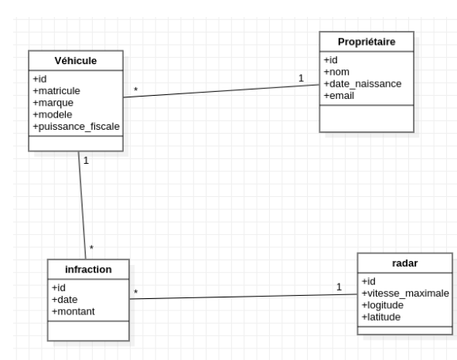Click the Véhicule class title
coord(75,61)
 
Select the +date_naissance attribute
coord(363,84)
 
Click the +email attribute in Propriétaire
coord(339,95)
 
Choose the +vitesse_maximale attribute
coord(404,294)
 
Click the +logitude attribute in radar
coord(386,304)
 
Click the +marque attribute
coord(53,103)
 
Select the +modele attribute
coord(53,114)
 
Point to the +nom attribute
coord(336,73)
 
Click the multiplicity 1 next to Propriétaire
coord(301,77)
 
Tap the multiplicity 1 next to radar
coord(339,287)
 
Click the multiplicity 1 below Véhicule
coord(86,161)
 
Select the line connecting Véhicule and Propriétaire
coord(220,90)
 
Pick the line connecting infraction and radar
coord(244,296)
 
